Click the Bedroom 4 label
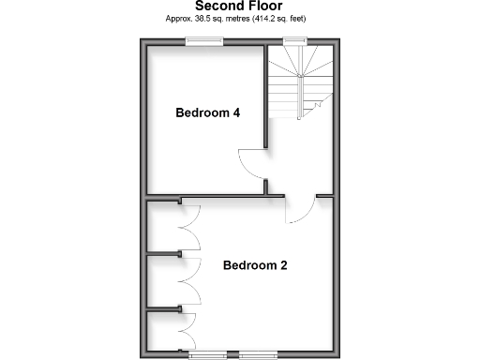[x=208, y=113]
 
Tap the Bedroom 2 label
[x=254, y=265]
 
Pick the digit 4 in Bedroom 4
[x=236, y=113]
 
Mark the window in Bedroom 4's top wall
[x=203, y=40]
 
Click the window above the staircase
[x=296, y=40]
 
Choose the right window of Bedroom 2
[x=259, y=354]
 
